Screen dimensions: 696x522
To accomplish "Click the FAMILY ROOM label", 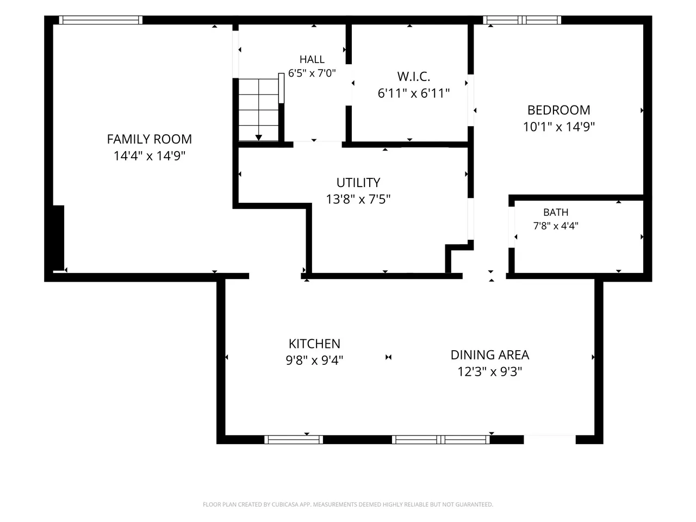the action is (x=149, y=139).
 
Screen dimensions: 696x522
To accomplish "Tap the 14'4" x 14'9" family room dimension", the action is (x=149, y=156).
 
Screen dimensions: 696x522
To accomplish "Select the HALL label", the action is (x=312, y=59).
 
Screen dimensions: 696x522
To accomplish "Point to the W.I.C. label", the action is (x=413, y=76).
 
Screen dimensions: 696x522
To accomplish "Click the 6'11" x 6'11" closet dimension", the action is (x=413, y=93).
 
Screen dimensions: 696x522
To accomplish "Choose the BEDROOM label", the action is (x=558, y=110).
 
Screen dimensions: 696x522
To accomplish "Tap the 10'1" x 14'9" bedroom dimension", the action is (x=558, y=127).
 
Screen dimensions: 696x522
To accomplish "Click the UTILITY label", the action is (x=358, y=183).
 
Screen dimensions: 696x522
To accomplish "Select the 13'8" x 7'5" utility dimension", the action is (x=358, y=200).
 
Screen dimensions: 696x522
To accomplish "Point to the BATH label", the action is (x=556, y=212).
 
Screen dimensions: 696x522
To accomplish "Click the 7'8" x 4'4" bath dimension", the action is (x=556, y=226).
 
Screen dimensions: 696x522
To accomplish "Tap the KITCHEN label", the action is (x=314, y=344).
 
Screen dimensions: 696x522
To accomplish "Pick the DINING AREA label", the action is (x=489, y=355).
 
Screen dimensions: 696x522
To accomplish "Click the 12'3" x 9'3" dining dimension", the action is (x=489, y=371).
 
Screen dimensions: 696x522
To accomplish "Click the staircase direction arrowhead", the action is (x=258, y=138).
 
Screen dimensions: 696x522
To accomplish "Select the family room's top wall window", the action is (x=101, y=20).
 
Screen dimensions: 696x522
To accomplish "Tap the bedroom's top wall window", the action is (x=522, y=20).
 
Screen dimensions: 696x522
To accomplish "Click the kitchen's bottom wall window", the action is (x=294, y=439).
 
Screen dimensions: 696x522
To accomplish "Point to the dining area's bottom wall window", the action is (x=441, y=439).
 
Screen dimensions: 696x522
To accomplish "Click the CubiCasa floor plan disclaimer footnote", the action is (x=348, y=504).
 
